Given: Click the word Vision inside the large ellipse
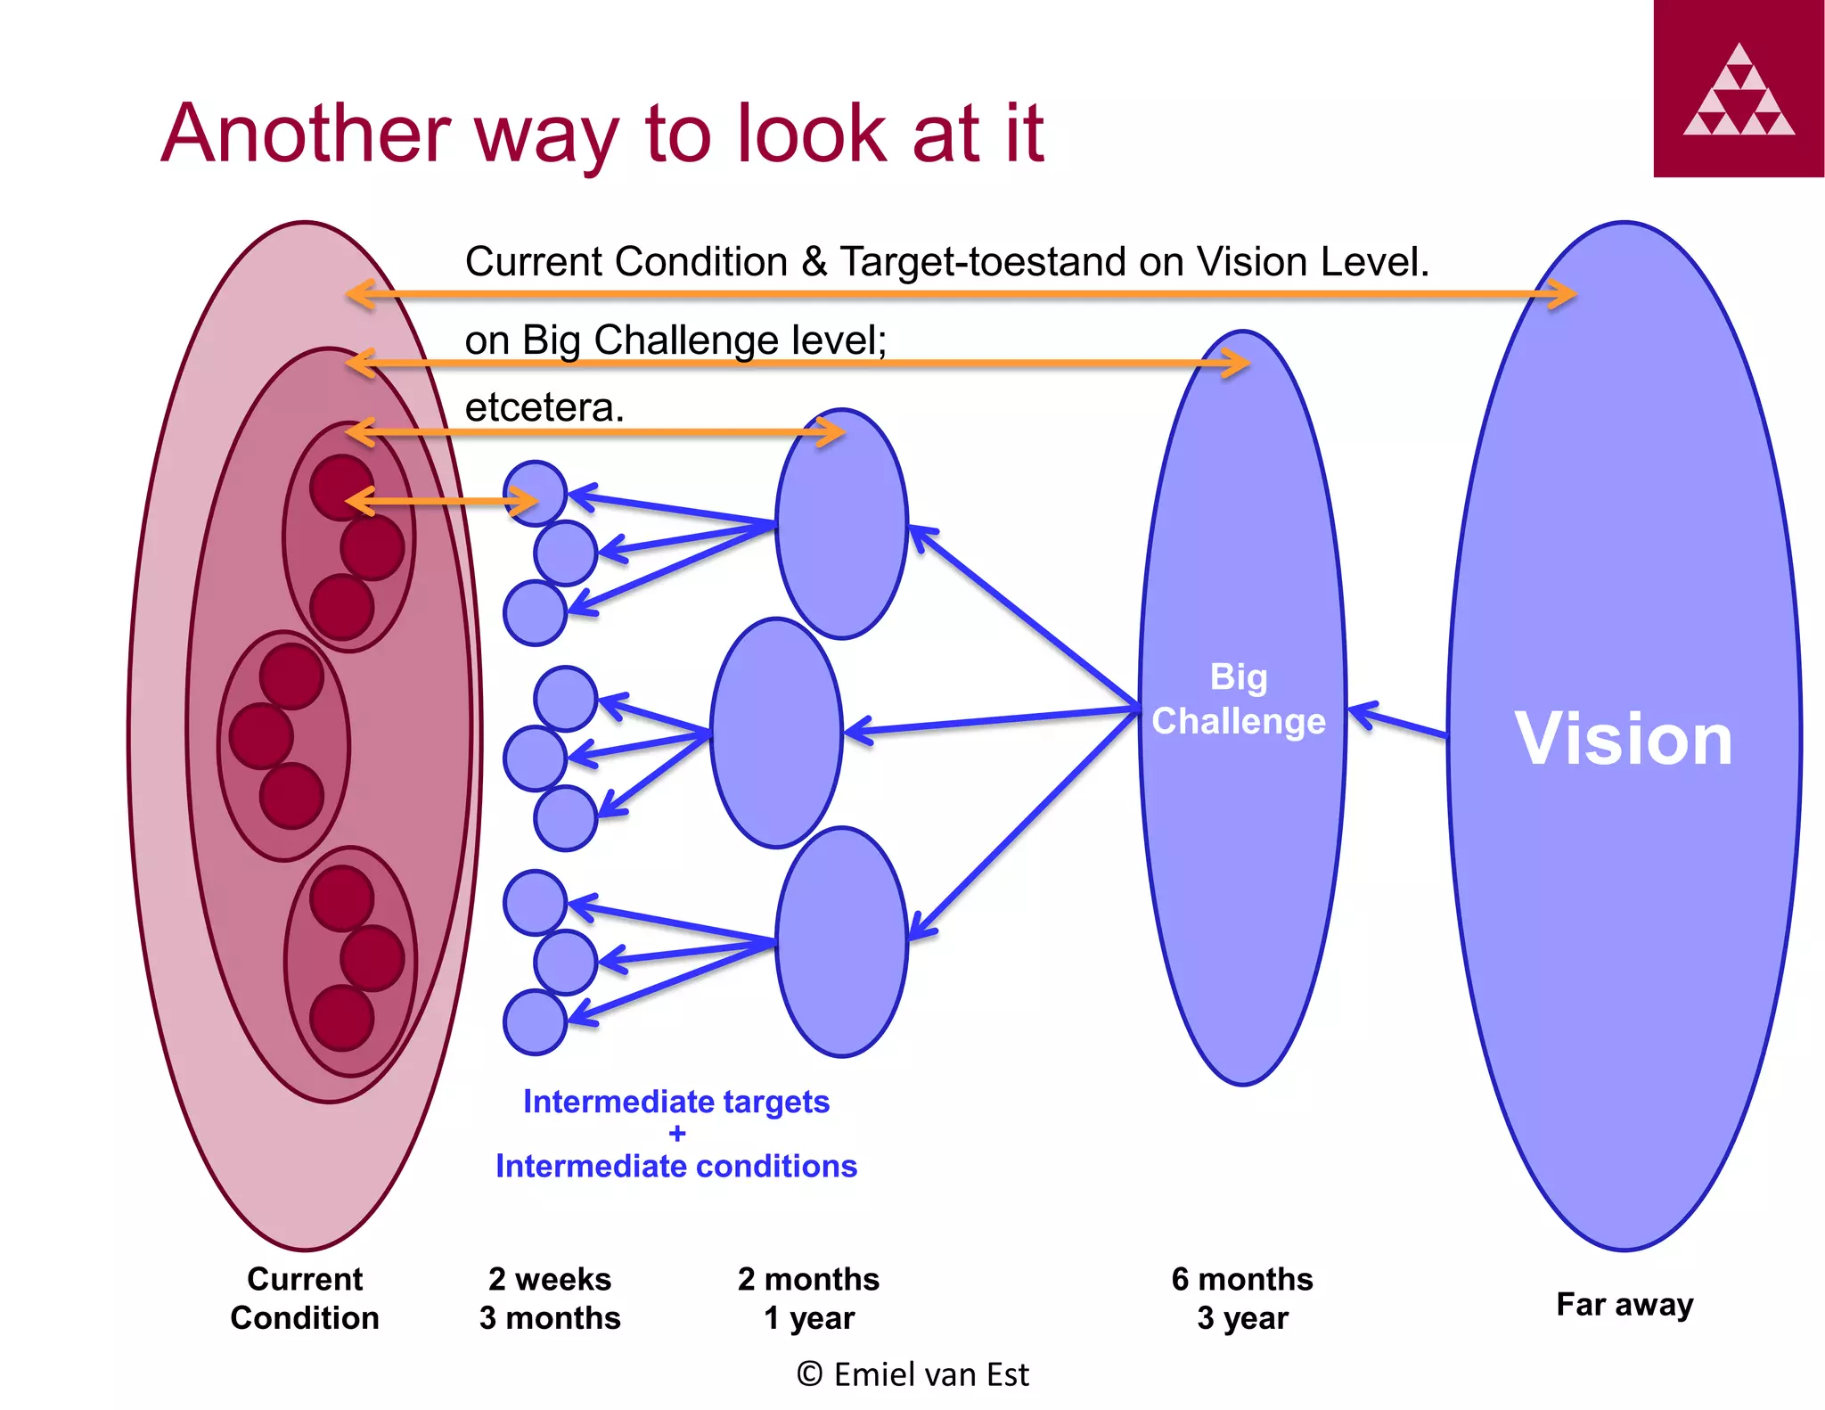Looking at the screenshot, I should [x=1623, y=739].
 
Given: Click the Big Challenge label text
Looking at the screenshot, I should [x=1239, y=699].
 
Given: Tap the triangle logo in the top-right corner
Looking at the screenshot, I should [x=1739, y=90].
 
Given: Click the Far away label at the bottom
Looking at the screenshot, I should [x=1624, y=1304].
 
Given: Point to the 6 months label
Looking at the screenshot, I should [x=1241, y=1279].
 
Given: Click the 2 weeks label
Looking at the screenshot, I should [x=549, y=1279].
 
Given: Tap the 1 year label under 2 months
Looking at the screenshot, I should [x=808, y=1318].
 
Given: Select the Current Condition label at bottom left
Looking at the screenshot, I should [x=305, y=1299].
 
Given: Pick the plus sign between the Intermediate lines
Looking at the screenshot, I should [x=677, y=1134].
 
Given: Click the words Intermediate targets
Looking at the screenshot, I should [x=675, y=1102].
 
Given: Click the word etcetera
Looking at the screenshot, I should [x=544, y=408].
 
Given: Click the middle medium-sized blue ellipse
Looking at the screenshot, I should [x=775, y=733].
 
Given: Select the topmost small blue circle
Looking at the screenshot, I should [x=535, y=492].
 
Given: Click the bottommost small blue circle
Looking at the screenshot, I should [x=535, y=1022].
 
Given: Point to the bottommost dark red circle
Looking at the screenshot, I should [x=342, y=1018].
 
